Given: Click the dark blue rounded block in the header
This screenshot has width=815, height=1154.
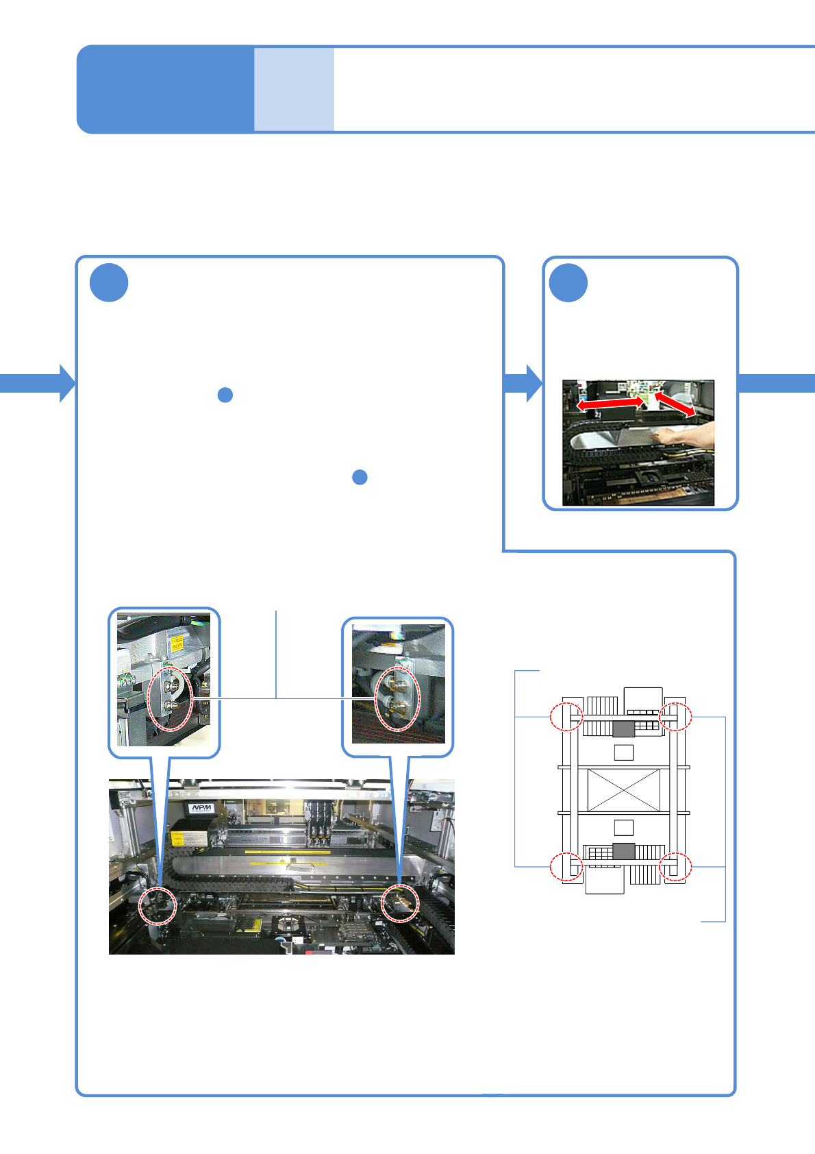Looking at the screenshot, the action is tap(164, 89).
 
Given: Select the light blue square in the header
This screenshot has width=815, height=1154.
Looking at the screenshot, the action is tap(294, 89).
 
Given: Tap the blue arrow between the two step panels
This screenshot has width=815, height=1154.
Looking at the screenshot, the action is tap(523, 383).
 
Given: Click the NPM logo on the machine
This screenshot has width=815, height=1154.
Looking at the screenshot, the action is tap(201, 808).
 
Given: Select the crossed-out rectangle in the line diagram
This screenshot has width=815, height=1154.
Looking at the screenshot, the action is tap(623, 790).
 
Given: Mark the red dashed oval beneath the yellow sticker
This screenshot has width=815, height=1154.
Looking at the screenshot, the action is tap(171, 699).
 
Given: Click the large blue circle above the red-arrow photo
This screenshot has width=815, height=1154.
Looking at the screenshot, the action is tap(568, 282).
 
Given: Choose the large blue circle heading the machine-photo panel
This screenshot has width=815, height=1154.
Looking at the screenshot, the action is tap(109, 282).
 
